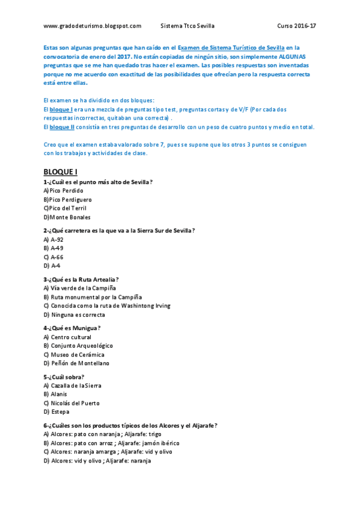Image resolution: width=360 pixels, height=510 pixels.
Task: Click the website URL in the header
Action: [x=93, y=26]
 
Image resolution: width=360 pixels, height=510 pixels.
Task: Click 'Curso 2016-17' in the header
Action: [x=296, y=26]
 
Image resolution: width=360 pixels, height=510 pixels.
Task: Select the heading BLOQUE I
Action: [x=61, y=172]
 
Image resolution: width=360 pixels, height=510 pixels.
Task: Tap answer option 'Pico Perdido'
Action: [x=66, y=191]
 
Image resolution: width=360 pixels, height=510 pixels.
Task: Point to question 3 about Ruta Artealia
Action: [x=81, y=279]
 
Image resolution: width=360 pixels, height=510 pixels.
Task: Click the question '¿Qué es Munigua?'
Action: [x=72, y=328]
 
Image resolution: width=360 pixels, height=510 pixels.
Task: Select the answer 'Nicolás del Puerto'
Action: [x=75, y=403]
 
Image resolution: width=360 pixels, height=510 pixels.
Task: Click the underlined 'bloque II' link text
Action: [x=61, y=127]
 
